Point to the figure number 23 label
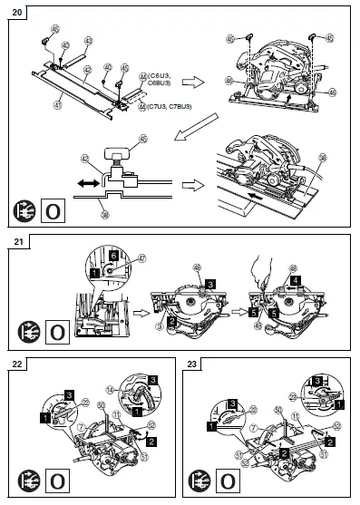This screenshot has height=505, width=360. coord(194,365)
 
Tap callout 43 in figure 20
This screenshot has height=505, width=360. coord(88,41)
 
